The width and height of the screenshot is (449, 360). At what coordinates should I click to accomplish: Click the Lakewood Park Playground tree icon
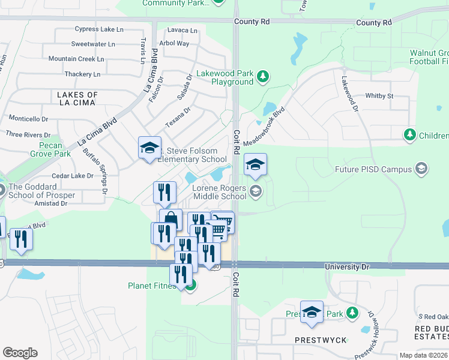point(262,76)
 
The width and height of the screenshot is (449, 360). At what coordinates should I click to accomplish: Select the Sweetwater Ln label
point(93,44)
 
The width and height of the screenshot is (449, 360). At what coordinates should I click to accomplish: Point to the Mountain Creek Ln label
point(76,59)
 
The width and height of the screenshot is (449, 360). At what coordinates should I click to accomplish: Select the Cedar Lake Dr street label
point(73,176)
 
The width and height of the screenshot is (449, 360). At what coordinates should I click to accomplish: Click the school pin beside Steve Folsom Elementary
point(149,148)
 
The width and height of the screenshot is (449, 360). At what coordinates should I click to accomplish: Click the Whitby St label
point(379,95)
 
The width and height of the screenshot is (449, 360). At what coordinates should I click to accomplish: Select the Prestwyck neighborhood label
point(321,340)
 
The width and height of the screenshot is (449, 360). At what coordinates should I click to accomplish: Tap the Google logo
point(20,353)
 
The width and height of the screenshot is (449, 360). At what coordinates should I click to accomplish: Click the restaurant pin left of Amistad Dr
point(21,239)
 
